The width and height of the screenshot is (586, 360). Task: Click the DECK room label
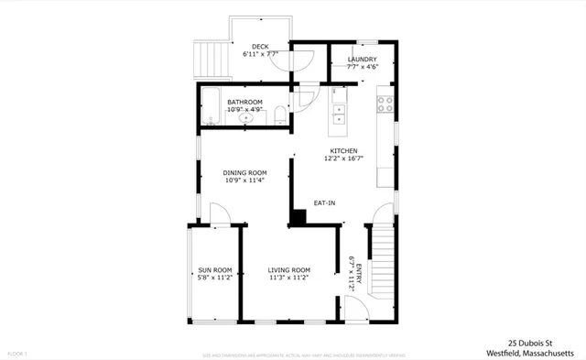pyautogui.click(x=259, y=48)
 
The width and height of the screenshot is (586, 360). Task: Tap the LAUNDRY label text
pyautogui.click(x=363, y=60)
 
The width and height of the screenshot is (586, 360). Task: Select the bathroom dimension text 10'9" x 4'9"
pyautogui.click(x=245, y=110)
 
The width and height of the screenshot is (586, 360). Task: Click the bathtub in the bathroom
pyautogui.click(x=210, y=108)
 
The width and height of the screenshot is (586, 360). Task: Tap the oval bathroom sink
pyautogui.click(x=245, y=118)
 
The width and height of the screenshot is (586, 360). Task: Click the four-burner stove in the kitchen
pyautogui.click(x=385, y=103)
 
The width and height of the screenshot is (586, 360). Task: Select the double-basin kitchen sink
pyautogui.click(x=339, y=115)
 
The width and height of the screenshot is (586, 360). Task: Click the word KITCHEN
pyautogui.click(x=343, y=151)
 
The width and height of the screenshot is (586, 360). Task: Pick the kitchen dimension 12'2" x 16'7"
pyautogui.click(x=343, y=158)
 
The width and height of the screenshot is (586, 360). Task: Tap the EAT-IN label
pyautogui.click(x=324, y=202)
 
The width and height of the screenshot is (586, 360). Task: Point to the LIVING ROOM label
pyautogui.click(x=289, y=269)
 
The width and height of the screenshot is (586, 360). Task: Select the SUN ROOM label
pyautogui.click(x=215, y=269)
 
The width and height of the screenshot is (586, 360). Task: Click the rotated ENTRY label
pyautogui.click(x=358, y=274)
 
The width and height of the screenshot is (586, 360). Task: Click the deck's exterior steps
pyautogui.click(x=211, y=60)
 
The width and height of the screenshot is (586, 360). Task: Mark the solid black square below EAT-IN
pyautogui.click(x=298, y=218)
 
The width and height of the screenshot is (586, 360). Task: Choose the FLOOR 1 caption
pyautogui.click(x=18, y=354)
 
